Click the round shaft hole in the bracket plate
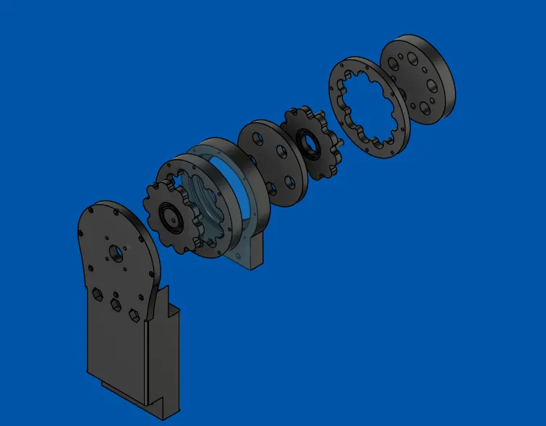(114, 253)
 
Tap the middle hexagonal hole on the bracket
(114, 304)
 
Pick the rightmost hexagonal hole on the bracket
(132, 315)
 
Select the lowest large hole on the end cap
(422, 106)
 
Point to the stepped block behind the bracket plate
(163, 347)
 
